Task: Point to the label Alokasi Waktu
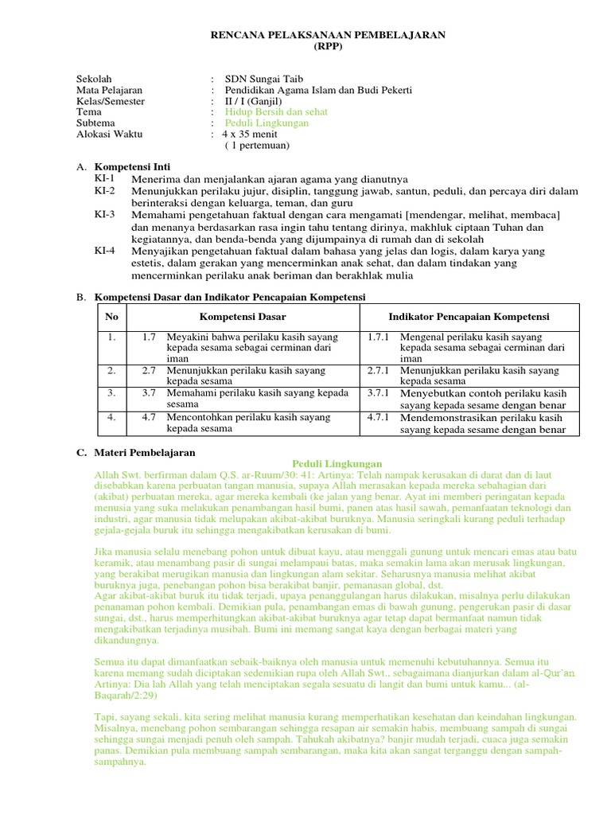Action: coord(109,135)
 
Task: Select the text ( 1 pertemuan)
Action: coord(257,146)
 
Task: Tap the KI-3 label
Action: coord(104,215)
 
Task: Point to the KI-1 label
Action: coord(104,180)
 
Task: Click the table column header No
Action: coord(112,317)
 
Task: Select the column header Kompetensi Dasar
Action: coord(232,317)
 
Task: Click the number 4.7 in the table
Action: coord(149,416)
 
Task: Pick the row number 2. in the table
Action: coord(112,371)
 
